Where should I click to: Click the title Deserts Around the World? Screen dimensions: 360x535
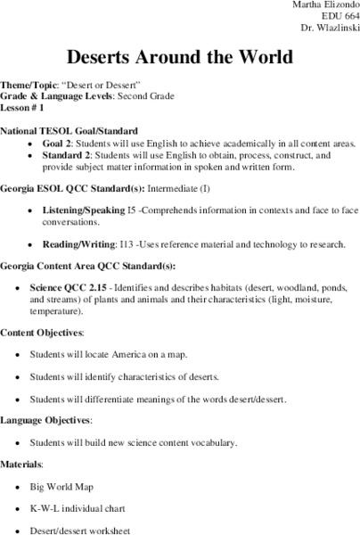(180, 58)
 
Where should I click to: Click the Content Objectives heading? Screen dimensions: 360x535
(42, 333)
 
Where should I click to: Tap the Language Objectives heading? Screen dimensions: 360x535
(45, 419)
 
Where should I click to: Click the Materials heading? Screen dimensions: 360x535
(24, 465)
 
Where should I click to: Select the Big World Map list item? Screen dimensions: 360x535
(79, 487)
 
